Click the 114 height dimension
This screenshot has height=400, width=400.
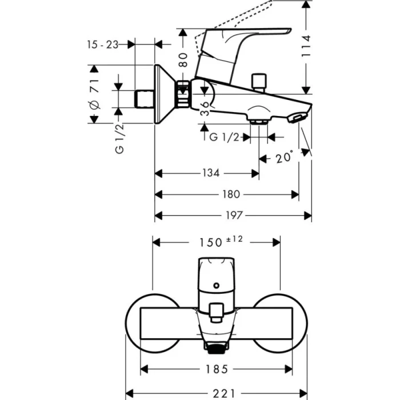(307, 46)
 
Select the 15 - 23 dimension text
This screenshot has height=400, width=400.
(103, 45)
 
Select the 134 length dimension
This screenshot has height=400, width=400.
(210, 173)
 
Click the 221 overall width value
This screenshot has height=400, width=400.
(220, 393)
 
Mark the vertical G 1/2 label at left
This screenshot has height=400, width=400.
(119, 139)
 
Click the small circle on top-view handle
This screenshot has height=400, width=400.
(216, 284)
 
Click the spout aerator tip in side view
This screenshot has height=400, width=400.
(297, 118)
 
